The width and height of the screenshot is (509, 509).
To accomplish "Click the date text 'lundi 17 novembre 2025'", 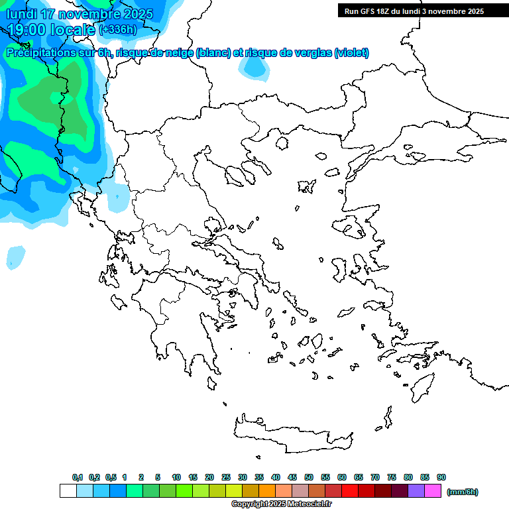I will (x=80, y=14).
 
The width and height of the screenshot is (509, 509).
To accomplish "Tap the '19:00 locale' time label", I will (x=52, y=29).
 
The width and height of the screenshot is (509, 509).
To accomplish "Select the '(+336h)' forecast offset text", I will (x=117, y=29).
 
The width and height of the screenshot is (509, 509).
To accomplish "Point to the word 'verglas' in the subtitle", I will (x=310, y=53).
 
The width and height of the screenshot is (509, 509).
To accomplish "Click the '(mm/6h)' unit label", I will (x=463, y=492).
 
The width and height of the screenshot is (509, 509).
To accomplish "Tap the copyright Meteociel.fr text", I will (x=281, y=504).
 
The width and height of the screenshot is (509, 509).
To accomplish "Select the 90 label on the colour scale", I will (x=441, y=477).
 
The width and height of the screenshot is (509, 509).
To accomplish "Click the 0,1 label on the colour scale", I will (x=78, y=477).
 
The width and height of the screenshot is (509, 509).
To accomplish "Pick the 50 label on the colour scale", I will (x=309, y=477).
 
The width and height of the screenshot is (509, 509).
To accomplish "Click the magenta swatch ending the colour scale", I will (x=433, y=491).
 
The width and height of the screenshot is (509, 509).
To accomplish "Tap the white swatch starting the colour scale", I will (x=68, y=491).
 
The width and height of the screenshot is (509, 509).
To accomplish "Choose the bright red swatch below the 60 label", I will (x=350, y=491).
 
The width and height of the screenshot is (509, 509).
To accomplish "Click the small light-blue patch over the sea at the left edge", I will (x=15, y=257).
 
